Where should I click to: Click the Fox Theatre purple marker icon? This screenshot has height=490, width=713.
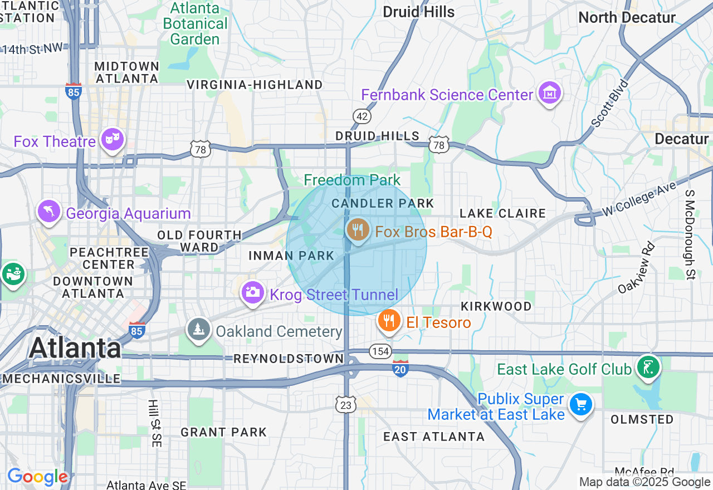(x=113, y=140)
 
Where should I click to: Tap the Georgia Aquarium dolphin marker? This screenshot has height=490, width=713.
(x=49, y=212)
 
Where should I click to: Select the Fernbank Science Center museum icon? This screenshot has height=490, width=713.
(x=550, y=94)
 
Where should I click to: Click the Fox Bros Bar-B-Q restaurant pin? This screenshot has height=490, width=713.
(x=357, y=229)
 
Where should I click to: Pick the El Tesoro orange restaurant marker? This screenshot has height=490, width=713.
(x=389, y=321)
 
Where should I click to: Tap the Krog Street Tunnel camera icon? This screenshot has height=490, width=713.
(x=252, y=292)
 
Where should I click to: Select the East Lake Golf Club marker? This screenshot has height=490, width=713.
(x=647, y=367)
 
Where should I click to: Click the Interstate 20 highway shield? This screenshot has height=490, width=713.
(x=401, y=369)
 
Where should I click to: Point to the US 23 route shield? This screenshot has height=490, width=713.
(x=346, y=405)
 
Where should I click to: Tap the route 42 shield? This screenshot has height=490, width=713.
(x=362, y=116)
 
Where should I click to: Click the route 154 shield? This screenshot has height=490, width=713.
(x=380, y=351)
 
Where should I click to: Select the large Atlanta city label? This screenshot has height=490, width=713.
(x=75, y=348)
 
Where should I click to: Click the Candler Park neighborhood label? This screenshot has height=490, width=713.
(x=383, y=204)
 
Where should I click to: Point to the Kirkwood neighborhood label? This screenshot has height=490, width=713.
(x=496, y=306)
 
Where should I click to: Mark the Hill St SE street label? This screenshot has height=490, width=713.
(x=154, y=423)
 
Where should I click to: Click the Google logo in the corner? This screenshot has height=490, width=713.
(x=37, y=477)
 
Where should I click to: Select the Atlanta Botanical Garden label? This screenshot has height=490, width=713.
(x=195, y=24)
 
